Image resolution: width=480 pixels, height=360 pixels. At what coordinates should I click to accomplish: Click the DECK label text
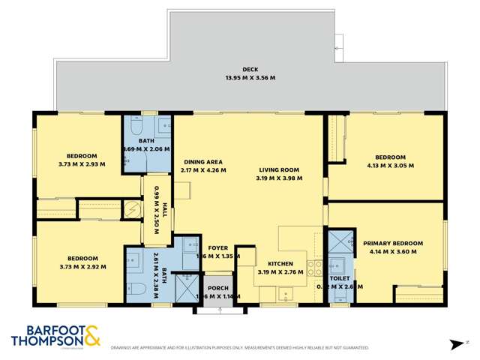click(x=239, y=69)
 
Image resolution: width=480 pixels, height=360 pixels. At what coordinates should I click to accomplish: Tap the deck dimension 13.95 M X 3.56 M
click(x=239, y=77)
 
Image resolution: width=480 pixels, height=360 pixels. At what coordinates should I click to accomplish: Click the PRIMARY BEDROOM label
click(x=393, y=244)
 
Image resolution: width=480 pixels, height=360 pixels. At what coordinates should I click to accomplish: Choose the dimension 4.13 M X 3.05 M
click(x=390, y=166)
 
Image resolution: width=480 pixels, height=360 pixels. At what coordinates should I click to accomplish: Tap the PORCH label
click(x=218, y=287)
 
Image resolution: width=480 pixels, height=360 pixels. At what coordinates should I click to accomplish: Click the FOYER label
click(x=217, y=247)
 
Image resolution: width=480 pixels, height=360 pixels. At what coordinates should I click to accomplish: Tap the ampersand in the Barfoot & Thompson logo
click(x=91, y=336)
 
